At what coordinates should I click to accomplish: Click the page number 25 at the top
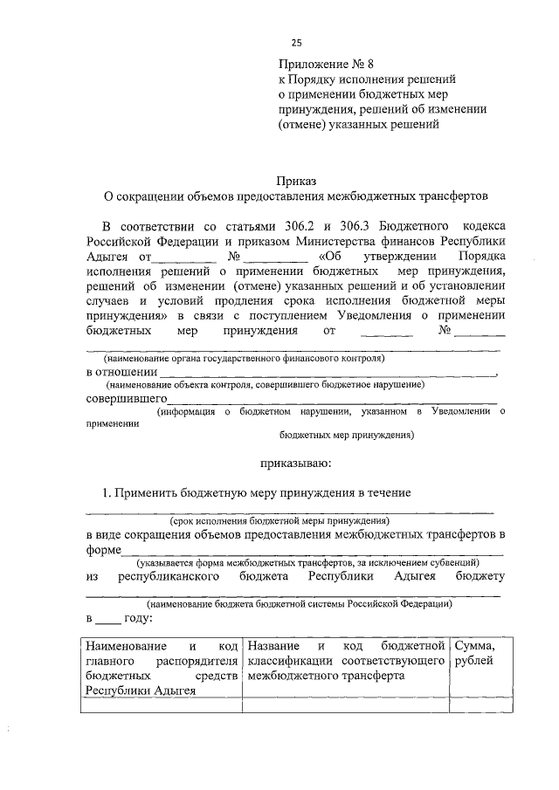(297, 43)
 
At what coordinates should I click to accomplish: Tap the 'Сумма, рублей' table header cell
(475, 653)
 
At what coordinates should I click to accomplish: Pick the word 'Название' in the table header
(273, 646)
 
